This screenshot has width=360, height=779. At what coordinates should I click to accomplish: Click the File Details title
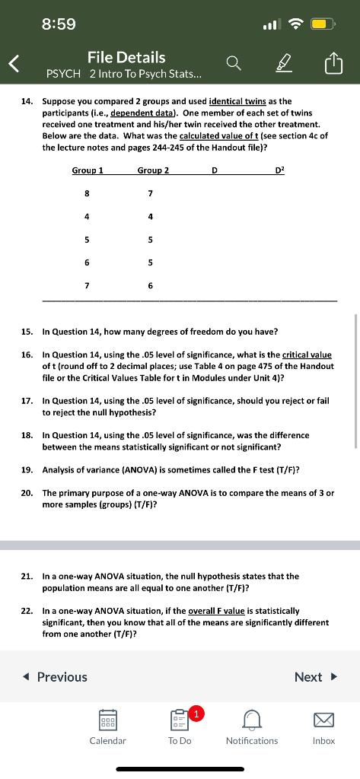coord(126,57)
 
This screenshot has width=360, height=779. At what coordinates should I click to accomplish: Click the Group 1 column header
coord(88,170)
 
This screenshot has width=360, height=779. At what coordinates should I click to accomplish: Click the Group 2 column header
coord(153,170)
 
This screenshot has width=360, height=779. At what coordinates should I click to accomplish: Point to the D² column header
coord(279,170)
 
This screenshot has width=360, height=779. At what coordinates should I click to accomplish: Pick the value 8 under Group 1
coord(87,193)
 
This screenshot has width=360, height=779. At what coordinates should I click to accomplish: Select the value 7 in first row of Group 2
coord(151,193)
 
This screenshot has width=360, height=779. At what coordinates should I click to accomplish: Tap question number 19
coord(27,469)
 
